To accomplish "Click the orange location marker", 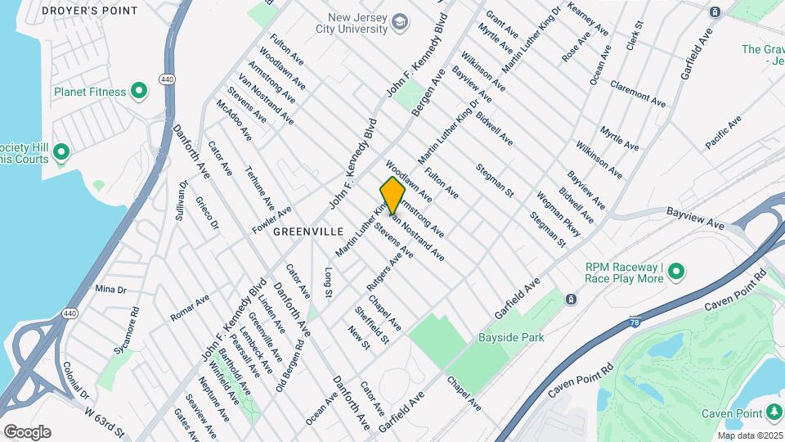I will click(x=392, y=196).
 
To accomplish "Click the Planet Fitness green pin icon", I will click(x=139, y=92).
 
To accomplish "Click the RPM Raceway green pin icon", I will click(x=677, y=272).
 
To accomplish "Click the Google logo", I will click(x=27, y=431).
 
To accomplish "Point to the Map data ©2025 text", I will click(x=749, y=435).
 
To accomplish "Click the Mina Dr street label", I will click(x=110, y=289).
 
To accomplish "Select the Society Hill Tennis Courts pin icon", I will click(x=61, y=151).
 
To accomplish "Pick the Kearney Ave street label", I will click(x=588, y=17).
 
